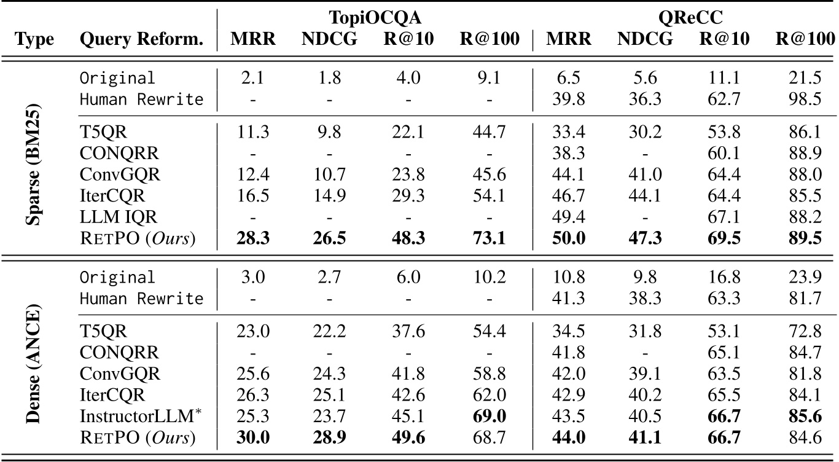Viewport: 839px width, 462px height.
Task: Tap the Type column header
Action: (x=34, y=40)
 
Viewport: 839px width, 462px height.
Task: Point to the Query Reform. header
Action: (x=142, y=40)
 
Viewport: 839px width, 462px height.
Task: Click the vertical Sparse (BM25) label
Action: (x=34, y=157)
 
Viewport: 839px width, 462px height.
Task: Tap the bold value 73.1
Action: (x=490, y=237)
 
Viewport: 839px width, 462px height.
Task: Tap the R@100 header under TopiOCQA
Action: (x=490, y=40)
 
